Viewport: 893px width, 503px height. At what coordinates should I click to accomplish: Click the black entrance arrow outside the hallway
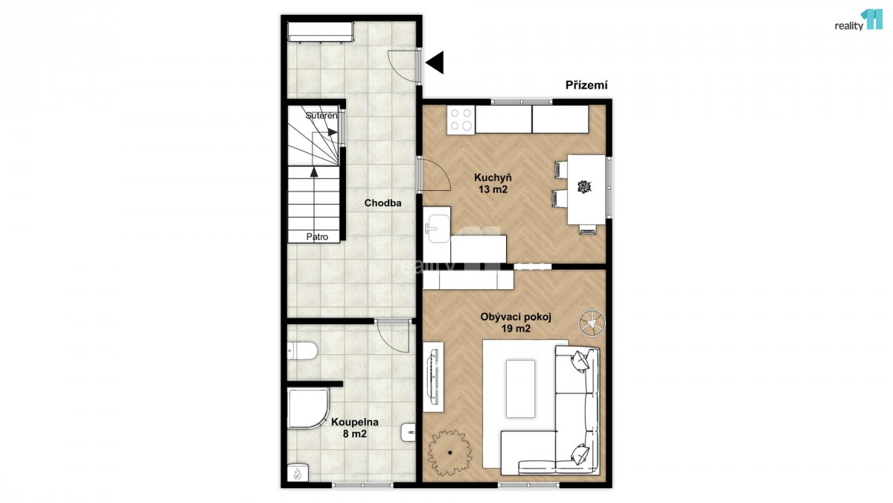435,63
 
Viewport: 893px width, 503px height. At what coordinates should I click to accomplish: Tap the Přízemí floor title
586,86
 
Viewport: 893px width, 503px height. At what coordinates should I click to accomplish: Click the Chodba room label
383,203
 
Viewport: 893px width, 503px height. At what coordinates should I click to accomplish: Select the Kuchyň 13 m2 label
493,183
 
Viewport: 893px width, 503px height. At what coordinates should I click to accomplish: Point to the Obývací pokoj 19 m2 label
516,323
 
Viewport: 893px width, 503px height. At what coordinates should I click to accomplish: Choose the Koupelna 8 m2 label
355,428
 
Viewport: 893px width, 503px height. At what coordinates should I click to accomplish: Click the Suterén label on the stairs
321,116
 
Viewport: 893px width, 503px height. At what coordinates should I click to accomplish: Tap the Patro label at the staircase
317,237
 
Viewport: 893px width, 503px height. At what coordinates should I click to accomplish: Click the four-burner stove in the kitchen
461,119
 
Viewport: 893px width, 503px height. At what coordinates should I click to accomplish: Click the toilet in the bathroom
302,351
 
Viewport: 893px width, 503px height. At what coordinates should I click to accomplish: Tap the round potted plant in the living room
450,453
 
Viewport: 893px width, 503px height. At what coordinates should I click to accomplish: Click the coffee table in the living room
521,389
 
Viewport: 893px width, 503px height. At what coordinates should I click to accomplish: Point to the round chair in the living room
592,323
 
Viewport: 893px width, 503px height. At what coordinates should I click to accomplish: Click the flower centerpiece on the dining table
584,186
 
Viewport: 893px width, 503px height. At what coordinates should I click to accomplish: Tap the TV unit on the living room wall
433,377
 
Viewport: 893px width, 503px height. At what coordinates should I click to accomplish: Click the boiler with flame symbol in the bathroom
298,473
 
